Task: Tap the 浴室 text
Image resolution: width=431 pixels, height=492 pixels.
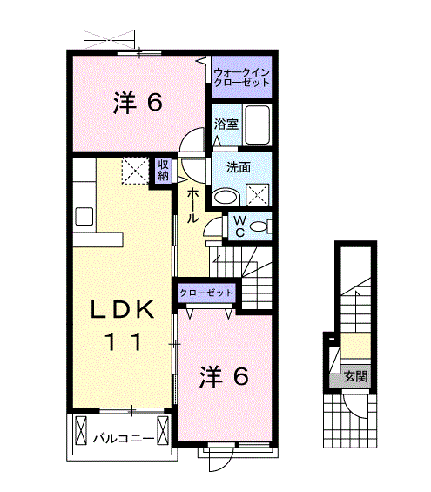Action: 226,125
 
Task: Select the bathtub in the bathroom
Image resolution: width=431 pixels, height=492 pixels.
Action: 258,125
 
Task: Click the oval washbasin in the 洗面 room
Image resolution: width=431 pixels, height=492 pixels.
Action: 226,195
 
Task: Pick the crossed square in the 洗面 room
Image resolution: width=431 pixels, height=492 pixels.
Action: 258,193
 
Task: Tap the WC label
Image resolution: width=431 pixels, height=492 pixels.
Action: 236,226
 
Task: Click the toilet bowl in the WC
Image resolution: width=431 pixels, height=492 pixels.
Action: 259,227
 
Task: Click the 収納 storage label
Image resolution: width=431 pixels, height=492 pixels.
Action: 163,170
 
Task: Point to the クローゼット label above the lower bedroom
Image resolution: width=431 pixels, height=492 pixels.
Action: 205,293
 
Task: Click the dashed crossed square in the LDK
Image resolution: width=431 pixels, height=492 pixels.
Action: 134,171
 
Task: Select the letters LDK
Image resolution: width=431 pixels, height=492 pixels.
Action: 125,310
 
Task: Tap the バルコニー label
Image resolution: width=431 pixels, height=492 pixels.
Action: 125,436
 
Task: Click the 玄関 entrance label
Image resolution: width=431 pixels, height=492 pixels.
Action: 355,377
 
